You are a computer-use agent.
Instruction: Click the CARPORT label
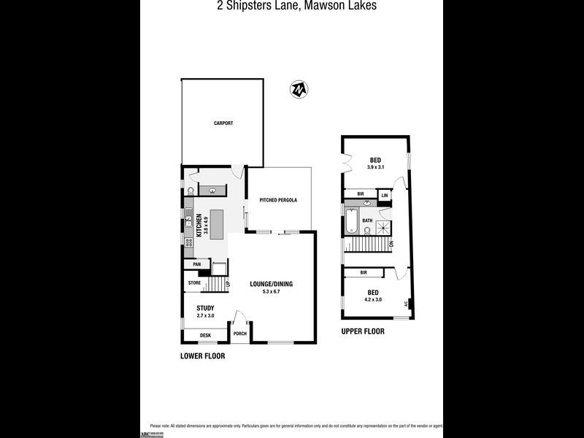tap(223, 123)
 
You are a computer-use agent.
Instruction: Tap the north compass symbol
tap(299, 89)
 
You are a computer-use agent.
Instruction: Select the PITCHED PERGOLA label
tap(278, 200)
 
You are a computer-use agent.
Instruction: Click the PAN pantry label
tap(196, 264)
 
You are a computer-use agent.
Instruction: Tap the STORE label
tap(194, 283)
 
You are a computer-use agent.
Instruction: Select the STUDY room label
tap(205, 308)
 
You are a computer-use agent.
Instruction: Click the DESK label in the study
tap(205, 335)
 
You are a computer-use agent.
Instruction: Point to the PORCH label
tap(239, 334)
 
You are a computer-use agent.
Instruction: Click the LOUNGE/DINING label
tap(271, 284)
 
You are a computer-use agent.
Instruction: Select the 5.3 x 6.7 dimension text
tap(271, 292)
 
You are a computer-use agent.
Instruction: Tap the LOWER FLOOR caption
tap(202, 356)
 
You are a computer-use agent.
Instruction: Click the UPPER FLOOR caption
tap(363, 331)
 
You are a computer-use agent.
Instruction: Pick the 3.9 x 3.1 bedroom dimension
tap(375, 168)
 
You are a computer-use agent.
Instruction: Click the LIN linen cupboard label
tap(383, 196)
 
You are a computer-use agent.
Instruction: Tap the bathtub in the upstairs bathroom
tap(351, 220)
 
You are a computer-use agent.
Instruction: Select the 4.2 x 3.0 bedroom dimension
tap(374, 299)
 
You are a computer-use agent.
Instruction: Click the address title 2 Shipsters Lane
tap(291, 6)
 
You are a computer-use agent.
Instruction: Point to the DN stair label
tap(392, 243)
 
